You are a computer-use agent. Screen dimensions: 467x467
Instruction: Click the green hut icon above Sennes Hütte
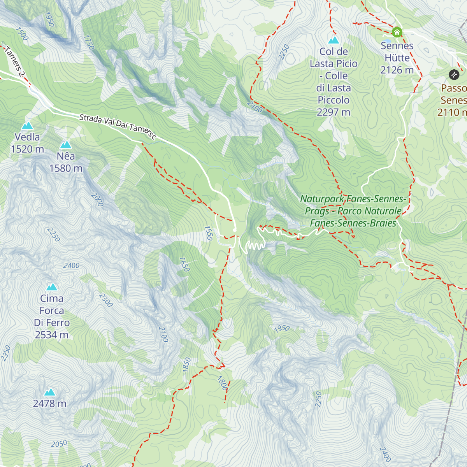point(397,32)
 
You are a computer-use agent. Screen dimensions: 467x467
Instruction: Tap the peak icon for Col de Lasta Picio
point(334,40)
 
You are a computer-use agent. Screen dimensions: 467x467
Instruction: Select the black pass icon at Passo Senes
point(454,74)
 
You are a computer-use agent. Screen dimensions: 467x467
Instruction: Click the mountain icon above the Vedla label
point(27,126)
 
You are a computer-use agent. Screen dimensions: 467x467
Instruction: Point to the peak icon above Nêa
point(66,145)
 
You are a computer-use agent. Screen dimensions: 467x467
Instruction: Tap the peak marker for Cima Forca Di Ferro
point(52,287)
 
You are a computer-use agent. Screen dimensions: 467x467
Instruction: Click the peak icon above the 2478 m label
point(50,392)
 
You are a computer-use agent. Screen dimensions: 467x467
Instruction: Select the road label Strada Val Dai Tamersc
point(118,126)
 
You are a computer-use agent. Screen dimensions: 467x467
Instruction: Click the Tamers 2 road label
point(14,61)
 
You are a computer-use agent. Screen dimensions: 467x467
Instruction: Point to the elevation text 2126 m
point(397,70)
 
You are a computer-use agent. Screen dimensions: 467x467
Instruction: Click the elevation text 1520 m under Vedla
point(27,149)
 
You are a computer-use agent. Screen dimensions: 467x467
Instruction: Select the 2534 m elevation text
point(52,335)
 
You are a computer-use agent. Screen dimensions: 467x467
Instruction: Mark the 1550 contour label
point(209,233)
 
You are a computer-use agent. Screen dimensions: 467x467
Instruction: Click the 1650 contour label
point(184,264)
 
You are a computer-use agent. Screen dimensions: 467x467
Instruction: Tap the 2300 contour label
point(105,300)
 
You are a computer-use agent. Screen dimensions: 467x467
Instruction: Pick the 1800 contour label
point(222,383)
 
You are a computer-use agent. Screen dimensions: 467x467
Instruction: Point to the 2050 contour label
point(59,444)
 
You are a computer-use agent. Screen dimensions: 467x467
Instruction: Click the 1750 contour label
point(89,42)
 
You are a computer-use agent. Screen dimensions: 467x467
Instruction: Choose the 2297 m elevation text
point(334,112)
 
